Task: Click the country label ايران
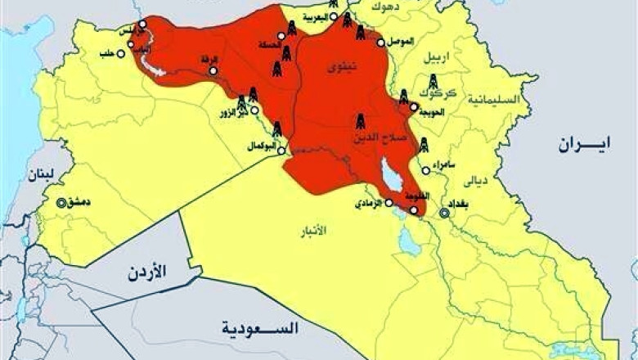pos(585,145)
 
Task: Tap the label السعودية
pos(259,329)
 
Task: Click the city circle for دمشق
pos(61,202)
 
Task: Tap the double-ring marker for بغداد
pos(444,214)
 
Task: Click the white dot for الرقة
pos(213,71)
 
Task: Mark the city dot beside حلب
pos(121,54)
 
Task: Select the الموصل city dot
pos(381,42)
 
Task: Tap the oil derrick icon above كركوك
pos(433,82)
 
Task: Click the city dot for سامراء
pos(426,170)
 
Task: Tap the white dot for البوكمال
pos(281,151)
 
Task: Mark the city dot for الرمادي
pos(389,202)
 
